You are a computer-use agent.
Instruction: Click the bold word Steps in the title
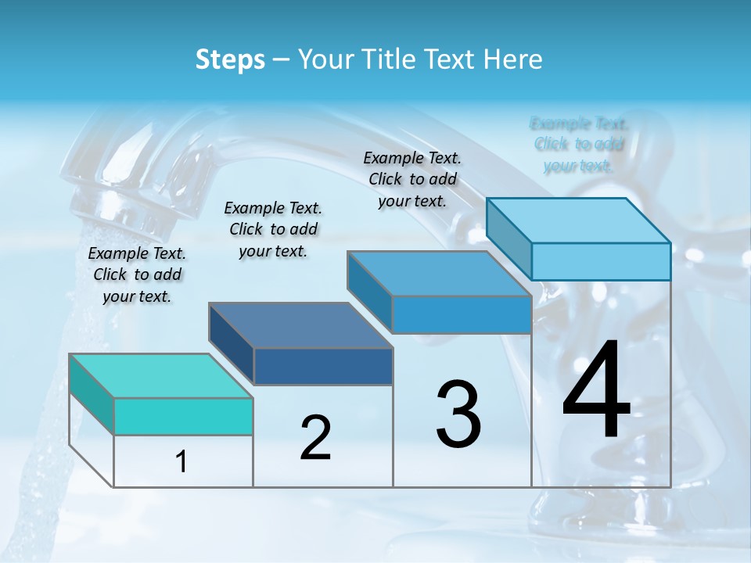(x=230, y=59)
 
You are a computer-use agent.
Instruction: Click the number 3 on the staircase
(x=458, y=414)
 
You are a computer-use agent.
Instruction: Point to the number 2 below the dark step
(x=315, y=438)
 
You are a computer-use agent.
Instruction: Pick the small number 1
(x=181, y=462)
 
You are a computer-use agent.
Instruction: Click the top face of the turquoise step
(x=160, y=375)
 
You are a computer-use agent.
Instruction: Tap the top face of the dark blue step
(x=300, y=325)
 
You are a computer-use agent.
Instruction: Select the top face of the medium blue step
(x=439, y=274)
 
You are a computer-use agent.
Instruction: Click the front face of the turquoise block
(x=183, y=416)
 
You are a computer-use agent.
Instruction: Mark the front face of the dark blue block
(x=323, y=366)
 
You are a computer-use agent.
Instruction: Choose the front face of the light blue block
(x=601, y=261)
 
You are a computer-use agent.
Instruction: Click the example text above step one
(x=137, y=274)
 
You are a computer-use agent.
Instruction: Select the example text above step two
(x=273, y=229)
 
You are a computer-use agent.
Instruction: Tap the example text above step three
(x=412, y=179)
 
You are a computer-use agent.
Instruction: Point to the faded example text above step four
(x=579, y=145)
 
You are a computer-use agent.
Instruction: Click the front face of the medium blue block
(x=462, y=314)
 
